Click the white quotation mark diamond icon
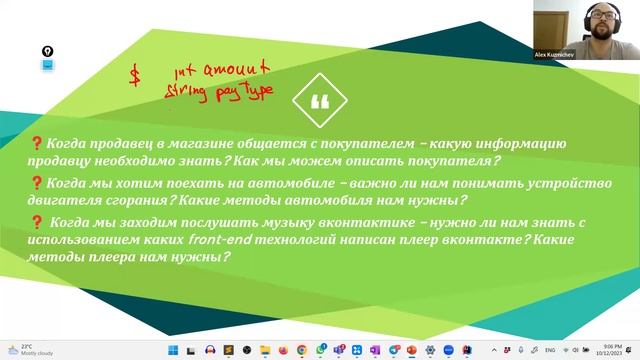320,100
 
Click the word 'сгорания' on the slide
134,200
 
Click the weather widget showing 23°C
25,350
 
